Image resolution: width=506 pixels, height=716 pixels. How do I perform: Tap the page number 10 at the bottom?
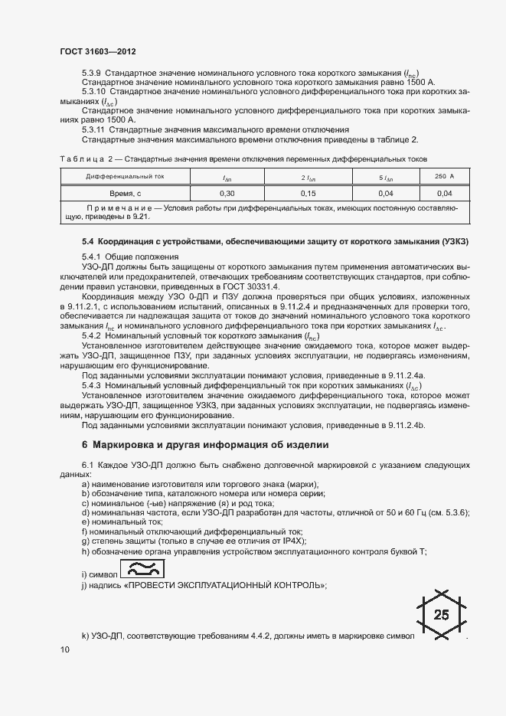64,650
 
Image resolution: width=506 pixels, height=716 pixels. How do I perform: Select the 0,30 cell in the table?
227,194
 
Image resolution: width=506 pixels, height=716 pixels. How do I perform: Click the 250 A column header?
444,177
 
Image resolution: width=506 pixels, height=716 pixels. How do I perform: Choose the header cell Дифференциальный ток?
125,177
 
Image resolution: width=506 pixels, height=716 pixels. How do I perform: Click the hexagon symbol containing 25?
441,614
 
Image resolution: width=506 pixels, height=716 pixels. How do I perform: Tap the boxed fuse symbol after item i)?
142,568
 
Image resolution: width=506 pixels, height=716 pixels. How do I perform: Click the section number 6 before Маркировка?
85,445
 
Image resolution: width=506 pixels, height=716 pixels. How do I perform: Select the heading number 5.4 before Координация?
88,241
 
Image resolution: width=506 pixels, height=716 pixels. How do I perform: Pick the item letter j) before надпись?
85,586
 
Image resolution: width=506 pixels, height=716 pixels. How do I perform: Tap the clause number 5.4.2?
93,335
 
